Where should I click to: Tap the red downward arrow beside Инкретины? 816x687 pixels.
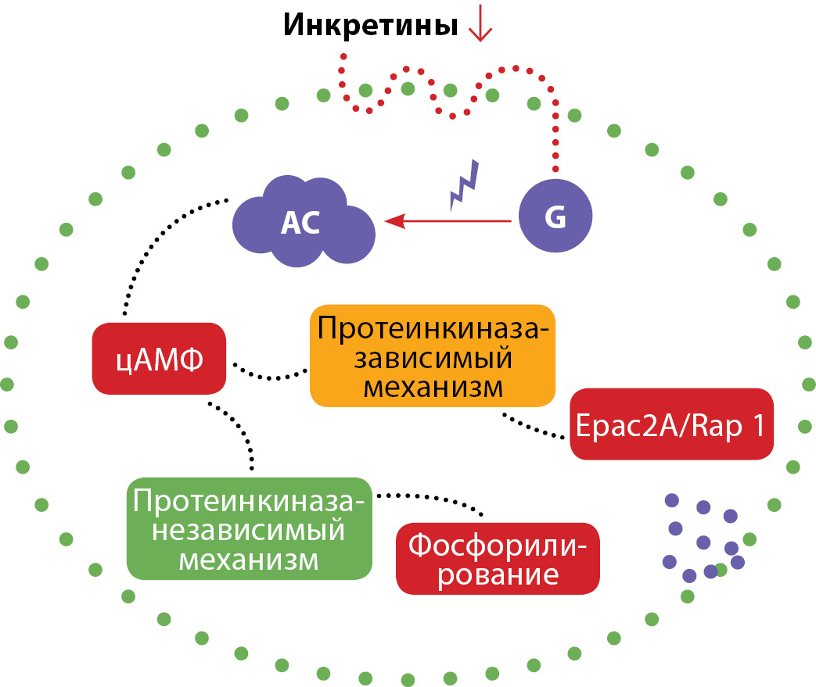[x=479, y=26]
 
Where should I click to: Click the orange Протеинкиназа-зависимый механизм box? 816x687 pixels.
[x=432, y=356]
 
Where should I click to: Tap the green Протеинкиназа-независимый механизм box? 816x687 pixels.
[x=250, y=528]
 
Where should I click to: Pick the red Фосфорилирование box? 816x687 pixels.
[x=498, y=558]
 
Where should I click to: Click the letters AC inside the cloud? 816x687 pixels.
[x=300, y=224]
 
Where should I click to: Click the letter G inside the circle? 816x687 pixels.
[x=555, y=219]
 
